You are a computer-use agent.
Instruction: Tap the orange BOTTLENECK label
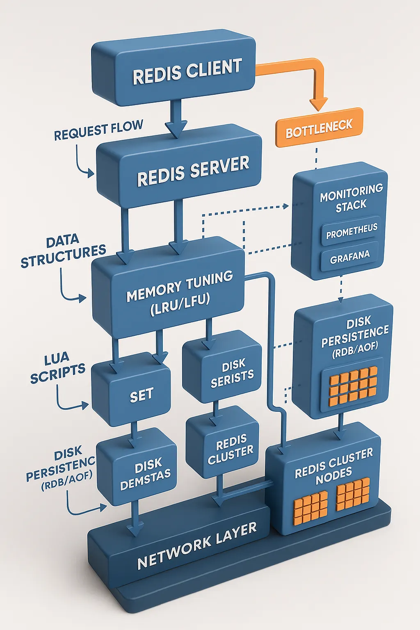click(319, 128)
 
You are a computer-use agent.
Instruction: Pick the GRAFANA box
click(350, 258)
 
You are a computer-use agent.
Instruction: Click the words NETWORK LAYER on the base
click(197, 546)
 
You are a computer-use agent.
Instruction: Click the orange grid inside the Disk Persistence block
click(353, 386)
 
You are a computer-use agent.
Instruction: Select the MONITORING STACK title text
click(351, 198)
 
